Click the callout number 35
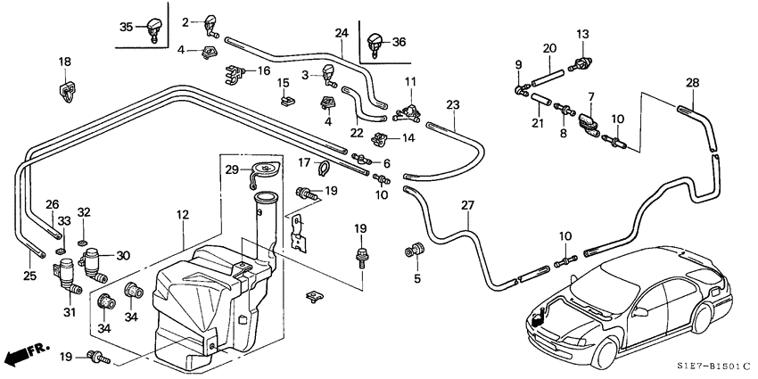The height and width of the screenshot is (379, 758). [126, 28]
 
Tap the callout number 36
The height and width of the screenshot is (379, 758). [398, 41]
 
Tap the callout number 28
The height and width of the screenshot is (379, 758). [693, 83]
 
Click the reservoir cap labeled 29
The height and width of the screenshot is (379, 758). [266, 169]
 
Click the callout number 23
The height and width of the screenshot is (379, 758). [453, 104]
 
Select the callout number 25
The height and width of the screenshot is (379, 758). [29, 276]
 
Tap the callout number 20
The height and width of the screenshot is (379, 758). [549, 48]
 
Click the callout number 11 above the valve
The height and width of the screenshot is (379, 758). [410, 81]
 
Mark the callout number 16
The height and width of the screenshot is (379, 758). [264, 70]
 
